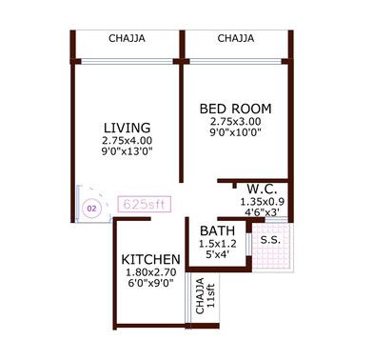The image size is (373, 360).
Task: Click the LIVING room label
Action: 126,129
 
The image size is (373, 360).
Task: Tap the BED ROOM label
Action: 236,108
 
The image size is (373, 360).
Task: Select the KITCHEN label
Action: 152,260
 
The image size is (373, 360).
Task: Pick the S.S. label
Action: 269,239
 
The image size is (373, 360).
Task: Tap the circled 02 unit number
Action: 92,207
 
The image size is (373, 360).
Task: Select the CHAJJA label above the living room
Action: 128,39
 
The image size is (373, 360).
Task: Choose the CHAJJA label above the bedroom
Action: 235,39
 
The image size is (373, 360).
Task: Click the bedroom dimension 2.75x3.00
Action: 236,122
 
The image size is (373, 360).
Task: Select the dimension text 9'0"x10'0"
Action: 236,134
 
